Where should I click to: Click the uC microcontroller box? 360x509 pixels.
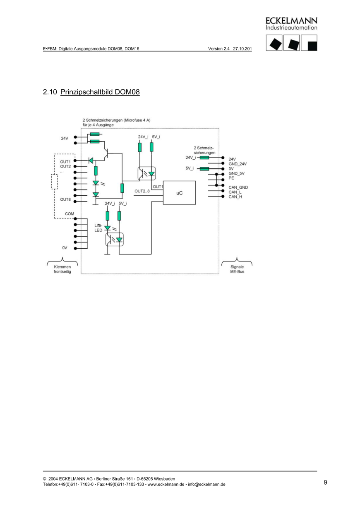click(179, 192)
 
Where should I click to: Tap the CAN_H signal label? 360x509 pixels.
click(235, 197)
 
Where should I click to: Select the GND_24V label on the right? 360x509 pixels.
click(238, 164)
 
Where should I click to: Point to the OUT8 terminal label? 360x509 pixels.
click(65, 199)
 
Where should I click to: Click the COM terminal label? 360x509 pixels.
click(69, 214)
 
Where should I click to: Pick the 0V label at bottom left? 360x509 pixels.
click(65, 247)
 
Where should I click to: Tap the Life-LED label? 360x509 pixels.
click(98, 227)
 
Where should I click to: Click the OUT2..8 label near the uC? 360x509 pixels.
click(142, 191)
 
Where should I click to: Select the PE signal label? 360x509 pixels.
click(231, 178)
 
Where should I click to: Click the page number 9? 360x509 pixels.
click(325, 482)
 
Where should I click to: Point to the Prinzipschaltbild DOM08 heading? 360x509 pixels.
click(100, 91)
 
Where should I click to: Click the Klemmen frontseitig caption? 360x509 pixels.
click(62, 269)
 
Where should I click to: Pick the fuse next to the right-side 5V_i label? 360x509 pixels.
click(204, 168)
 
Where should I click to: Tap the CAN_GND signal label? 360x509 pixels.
click(238, 187)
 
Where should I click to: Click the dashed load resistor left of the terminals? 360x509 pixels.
click(54, 182)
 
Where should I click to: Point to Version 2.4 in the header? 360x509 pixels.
click(219, 48)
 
